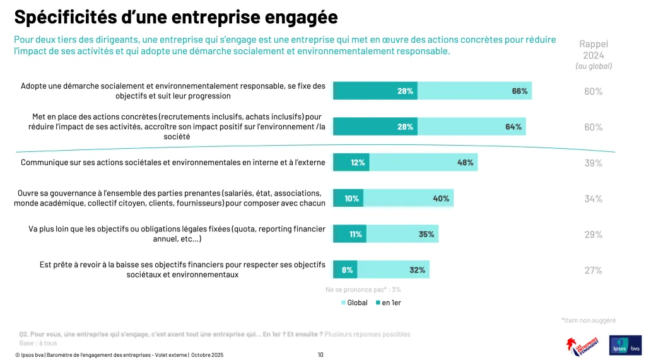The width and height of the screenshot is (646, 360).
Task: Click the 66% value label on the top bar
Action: coord(519,91)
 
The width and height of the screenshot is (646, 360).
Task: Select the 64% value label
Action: coord(513,127)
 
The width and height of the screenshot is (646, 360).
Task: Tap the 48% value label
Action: coord(466,163)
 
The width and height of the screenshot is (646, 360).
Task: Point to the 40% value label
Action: coord(441,199)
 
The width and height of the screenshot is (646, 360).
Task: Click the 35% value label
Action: coord(426,235)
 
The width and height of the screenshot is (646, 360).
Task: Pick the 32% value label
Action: coord(417,270)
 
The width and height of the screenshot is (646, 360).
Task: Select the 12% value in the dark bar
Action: coord(358,163)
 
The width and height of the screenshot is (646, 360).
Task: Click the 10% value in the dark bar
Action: coord(351,199)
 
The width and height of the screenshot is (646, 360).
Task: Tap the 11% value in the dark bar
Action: coord(356,235)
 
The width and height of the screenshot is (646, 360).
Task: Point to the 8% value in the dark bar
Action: coord(347,270)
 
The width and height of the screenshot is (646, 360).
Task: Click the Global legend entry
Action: coord(353,303)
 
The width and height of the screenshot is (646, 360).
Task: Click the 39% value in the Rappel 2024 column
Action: coord(593,163)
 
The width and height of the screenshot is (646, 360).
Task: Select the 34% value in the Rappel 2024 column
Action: coord(593,199)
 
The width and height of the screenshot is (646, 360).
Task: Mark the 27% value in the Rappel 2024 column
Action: coord(593,270)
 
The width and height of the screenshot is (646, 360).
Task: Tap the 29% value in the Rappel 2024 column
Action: coord(593,235)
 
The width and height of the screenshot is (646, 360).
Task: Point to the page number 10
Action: coord(320,355)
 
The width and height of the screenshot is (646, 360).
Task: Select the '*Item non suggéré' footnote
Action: coord(588,320)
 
